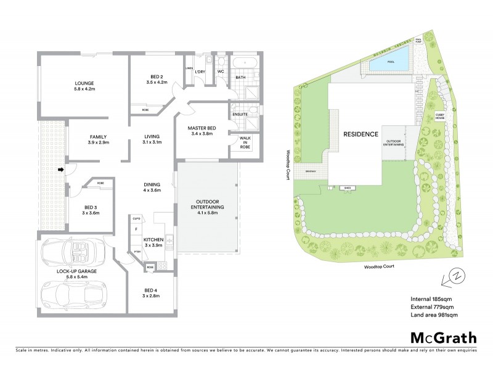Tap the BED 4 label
[151, 292]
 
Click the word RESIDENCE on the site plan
[361, 134]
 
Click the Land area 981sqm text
[434, 315]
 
